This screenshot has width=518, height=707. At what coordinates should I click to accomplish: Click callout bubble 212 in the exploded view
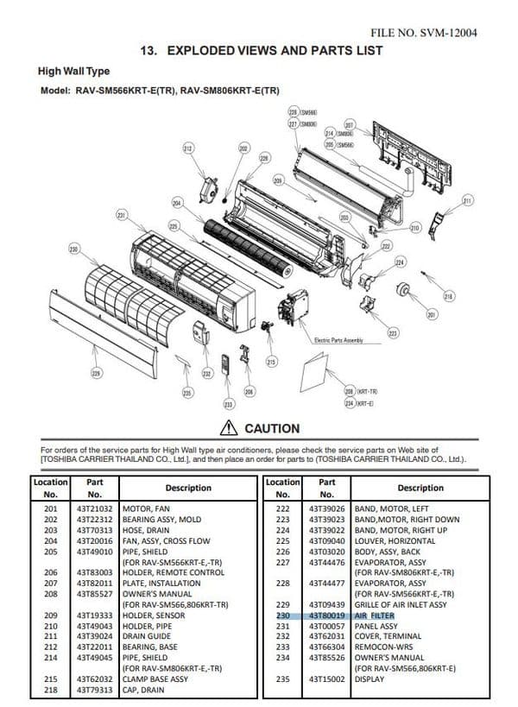pos(188,149)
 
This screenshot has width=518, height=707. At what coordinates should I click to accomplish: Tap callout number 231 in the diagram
pos(122,214)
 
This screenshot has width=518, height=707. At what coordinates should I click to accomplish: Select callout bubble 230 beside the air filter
pos(73,249)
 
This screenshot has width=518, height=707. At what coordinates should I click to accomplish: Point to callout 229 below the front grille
pos(96,374)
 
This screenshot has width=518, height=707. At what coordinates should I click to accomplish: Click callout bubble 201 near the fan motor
pos(431,315)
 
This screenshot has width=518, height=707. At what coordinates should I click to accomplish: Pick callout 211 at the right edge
pos(468,200)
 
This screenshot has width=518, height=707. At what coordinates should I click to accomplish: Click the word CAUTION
pos(272,429)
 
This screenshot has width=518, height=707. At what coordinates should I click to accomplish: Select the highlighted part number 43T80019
pos(326,615)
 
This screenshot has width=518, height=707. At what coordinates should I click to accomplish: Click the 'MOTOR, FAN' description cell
pos(148,510)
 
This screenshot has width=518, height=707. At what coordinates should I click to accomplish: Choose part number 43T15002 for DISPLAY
pos(326,679)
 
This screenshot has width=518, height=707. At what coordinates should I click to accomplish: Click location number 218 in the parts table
pos(50,690)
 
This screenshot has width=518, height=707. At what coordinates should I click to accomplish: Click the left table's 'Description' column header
pos(188,488)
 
